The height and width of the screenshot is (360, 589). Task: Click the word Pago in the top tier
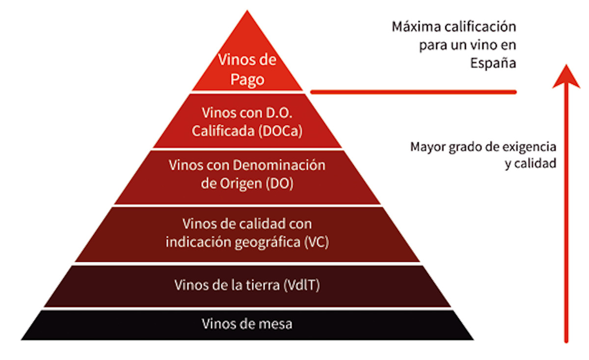247,79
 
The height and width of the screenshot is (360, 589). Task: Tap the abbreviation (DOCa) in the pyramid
280,131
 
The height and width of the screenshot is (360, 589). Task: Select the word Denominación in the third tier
279,165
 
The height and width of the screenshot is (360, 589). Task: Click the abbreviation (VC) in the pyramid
317,242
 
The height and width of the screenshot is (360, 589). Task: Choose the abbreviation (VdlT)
301,285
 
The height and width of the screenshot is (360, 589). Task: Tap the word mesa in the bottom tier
275,324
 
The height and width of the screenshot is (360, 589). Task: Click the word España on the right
493,63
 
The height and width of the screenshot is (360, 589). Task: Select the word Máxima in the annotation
416,27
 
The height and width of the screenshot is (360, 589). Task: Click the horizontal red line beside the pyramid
413,92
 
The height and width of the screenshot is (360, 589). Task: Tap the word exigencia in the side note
529,147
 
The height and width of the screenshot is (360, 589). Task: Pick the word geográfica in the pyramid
268,242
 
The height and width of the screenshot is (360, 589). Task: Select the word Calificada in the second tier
223,131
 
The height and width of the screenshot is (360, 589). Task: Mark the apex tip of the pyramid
247,10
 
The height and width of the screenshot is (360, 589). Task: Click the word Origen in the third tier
241,184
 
